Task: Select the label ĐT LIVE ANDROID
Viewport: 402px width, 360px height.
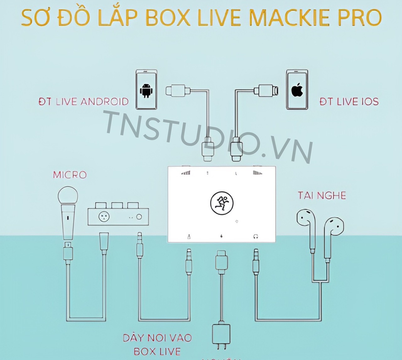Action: (84, 102)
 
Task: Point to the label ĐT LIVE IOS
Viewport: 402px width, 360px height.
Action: (349, 102)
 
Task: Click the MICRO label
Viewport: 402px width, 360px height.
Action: (70, 175)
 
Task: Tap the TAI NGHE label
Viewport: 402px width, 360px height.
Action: (322, 195)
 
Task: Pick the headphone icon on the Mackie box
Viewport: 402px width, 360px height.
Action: (255, 236)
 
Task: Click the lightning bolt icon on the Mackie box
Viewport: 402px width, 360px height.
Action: (222, 236)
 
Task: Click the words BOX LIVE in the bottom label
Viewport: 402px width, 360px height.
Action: (157, 351)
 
